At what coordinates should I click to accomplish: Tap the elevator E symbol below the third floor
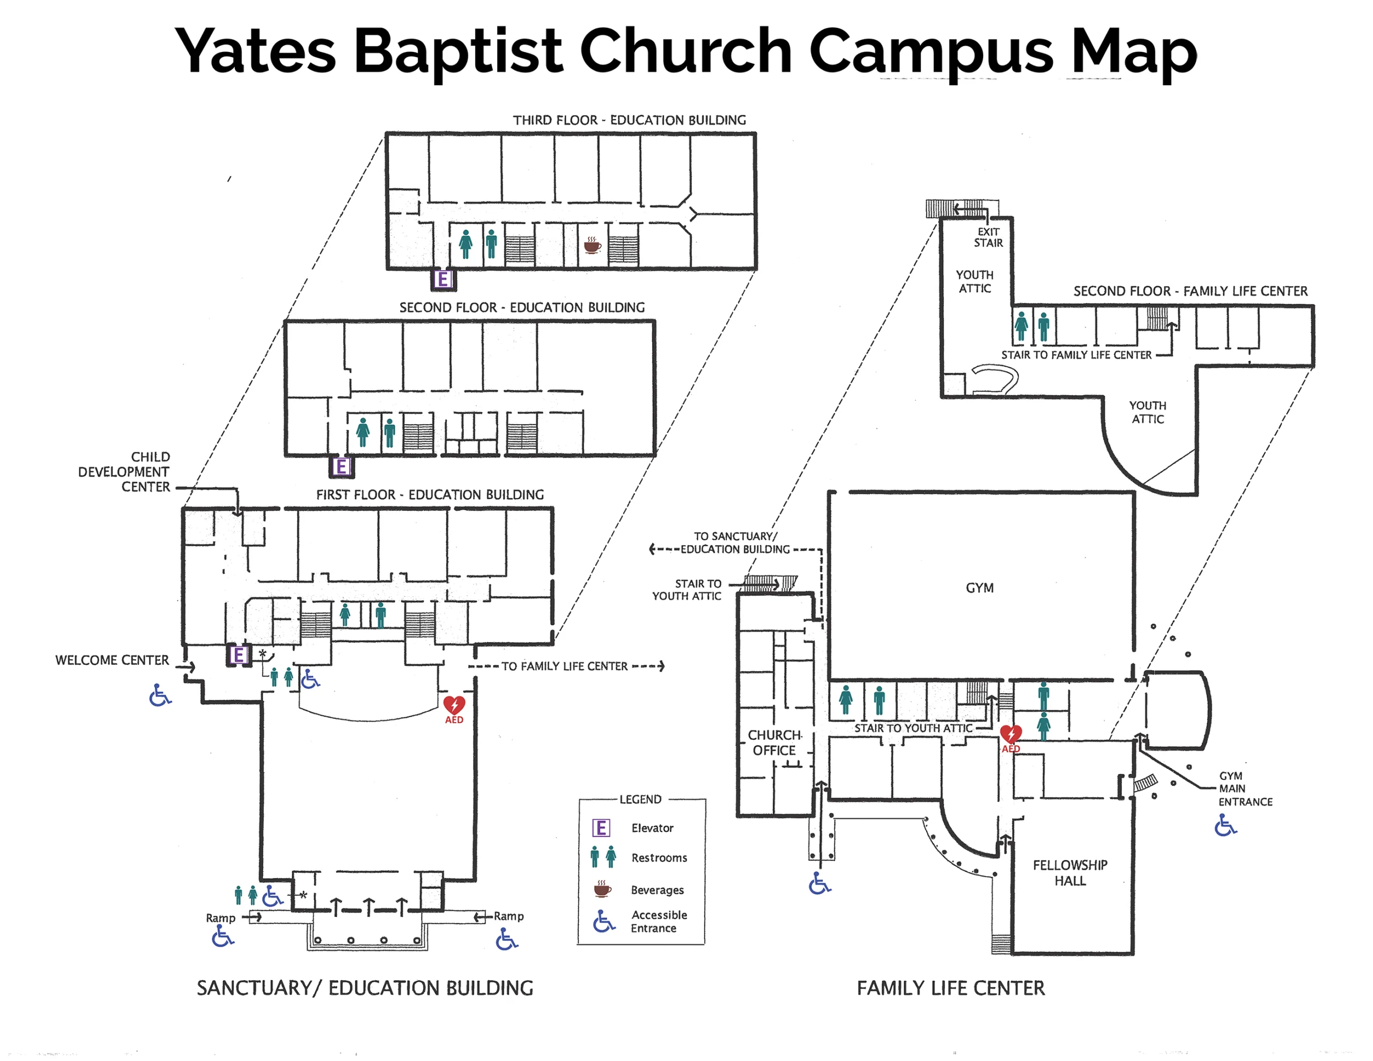click(443, 279)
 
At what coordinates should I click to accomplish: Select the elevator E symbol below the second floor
click(341, 466)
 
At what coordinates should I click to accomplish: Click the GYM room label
click(979, 588)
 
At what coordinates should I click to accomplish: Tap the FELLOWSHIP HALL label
click(1070, 872)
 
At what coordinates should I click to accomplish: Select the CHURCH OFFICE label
click(774, 743)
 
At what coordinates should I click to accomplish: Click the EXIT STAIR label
click(988, 237)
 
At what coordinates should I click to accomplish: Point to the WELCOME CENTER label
click(112, 660)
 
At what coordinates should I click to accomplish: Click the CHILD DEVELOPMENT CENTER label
click(124, 471)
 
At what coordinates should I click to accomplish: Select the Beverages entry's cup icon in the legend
click(602, 889)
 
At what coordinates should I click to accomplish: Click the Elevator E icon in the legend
click(601, 828)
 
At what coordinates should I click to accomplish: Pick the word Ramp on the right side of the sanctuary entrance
click(508, 916)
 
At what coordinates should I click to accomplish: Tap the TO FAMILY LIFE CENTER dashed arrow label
click(565, 666)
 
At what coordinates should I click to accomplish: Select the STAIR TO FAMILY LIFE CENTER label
click(1076, 355)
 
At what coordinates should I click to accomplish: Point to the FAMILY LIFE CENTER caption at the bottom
click(950, 988)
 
